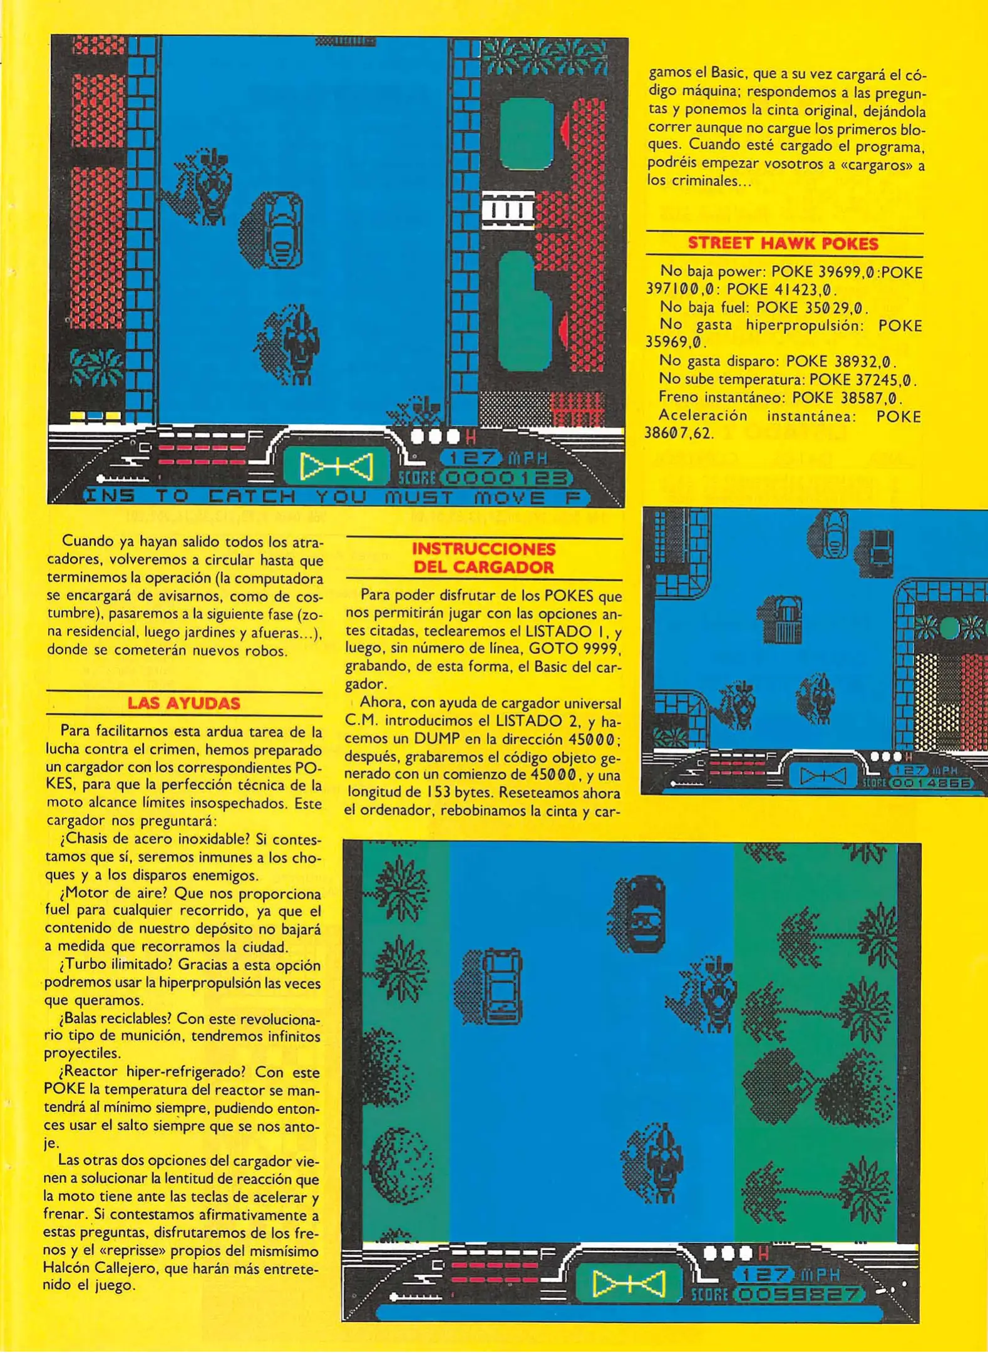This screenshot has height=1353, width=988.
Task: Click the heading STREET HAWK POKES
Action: [x=783, y=244]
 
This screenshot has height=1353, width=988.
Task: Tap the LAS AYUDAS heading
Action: [x=183, y=703]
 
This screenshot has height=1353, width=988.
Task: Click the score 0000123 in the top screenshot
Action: [x=507, y=478]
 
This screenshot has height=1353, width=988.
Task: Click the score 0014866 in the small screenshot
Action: [x=932, y=783]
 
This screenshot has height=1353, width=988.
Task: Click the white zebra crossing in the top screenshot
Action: [x=508, y=209]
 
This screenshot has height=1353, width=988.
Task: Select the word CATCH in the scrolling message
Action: [x=252, y=497]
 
